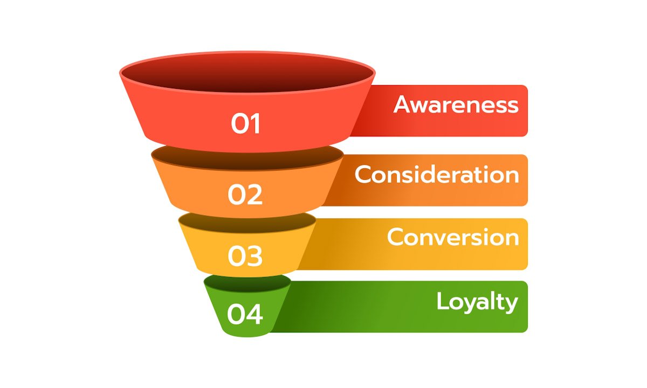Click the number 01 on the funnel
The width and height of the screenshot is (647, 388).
pos(246,124)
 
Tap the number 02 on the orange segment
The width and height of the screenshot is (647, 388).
pos(245,195)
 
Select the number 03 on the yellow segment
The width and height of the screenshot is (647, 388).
pos(245,257)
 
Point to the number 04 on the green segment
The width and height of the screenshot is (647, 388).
pos(245,315)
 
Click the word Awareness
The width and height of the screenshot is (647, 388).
pos(456,105)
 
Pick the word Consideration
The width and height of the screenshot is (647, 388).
pos(436,175)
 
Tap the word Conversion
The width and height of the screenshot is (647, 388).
pos(452,237)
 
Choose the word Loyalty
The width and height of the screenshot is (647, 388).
pos(477,302)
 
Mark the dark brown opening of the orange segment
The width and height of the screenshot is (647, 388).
pos(247,156)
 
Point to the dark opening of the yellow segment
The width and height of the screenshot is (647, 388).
pos(247,221)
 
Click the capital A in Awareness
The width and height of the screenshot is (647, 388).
pos(403,105)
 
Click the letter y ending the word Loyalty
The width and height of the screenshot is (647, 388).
pos(512,304)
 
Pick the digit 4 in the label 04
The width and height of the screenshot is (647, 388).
pos(254,315)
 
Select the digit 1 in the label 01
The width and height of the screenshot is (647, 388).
pos(255,124)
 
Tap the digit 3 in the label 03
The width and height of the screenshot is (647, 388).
pos(254,257)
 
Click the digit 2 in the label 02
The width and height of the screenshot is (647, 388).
pos(254,195)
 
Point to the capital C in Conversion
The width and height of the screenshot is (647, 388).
pos(396,237)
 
